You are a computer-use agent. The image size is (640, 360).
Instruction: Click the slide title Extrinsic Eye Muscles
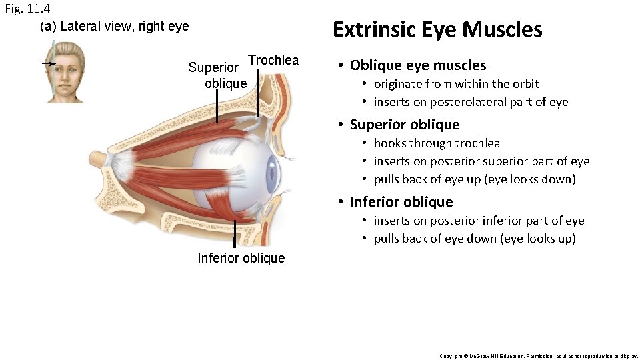(437, 30)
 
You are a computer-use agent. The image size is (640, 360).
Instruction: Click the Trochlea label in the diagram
(273, 60)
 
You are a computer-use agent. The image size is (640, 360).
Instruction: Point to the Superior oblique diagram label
(217, 75)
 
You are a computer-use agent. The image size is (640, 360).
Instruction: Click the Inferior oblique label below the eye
(241, 258)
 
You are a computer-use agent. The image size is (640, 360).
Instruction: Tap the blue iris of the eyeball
(272, 175)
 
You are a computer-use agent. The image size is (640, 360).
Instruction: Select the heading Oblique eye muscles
(418, 65)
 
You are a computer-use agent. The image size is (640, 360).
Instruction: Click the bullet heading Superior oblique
(405, 125)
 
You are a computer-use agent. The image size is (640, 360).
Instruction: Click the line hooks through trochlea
(437, 143)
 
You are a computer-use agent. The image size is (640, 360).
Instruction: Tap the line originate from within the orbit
(456, 84)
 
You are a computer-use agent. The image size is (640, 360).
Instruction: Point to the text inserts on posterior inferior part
(479, 221)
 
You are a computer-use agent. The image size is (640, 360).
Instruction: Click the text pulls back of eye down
(474, 239)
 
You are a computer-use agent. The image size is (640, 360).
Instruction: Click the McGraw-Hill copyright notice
(538, 356)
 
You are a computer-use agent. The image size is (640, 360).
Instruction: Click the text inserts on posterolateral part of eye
(471, 102)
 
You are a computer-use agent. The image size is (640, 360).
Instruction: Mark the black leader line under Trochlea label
(259, 93)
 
